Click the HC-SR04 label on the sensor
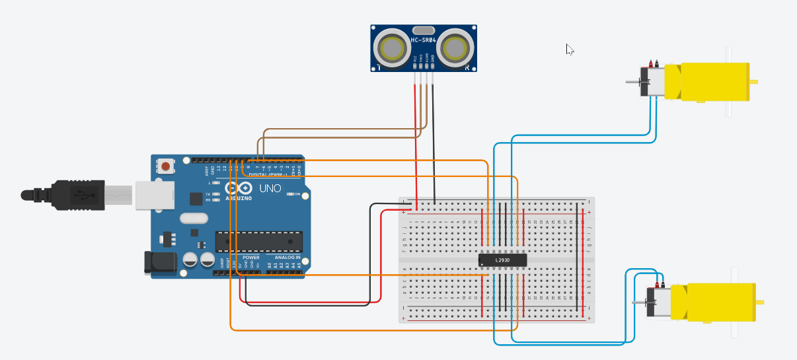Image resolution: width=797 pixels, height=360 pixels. coord(424,41)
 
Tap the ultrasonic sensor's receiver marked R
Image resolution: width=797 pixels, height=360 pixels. coord(456,48)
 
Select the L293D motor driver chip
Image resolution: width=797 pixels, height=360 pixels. coord(502,260)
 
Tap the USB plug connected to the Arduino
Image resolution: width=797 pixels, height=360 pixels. coord(79,195)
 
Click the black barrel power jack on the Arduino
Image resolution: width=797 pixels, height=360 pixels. coord(159,262)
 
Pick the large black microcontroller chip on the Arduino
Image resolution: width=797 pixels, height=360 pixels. coord(258,242)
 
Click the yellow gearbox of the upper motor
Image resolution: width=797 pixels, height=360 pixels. coord(714,82)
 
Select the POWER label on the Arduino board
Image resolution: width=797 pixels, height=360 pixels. coord(250,257)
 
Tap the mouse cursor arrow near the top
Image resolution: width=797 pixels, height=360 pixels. coord(569,48)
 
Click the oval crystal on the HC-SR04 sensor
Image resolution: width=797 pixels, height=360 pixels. coord(423,30)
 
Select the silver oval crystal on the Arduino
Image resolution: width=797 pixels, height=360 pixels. coord(193,219)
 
